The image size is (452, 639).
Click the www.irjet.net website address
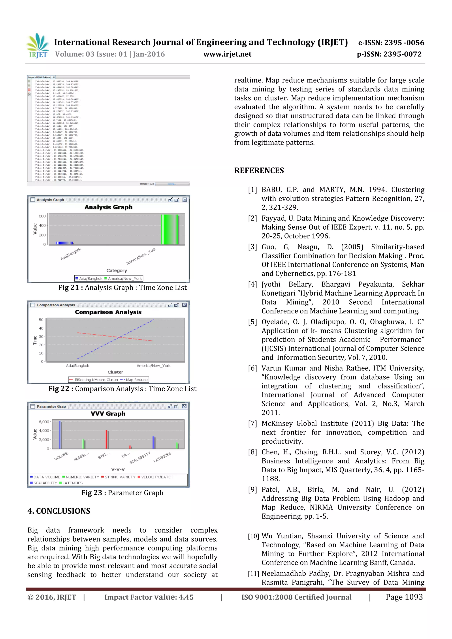click(227, 54)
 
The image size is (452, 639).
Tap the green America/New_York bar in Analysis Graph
click(169, 230)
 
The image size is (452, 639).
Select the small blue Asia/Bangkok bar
click(64, 243)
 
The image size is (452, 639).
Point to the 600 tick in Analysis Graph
click(42, 216)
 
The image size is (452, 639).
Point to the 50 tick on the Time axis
click(41, 319)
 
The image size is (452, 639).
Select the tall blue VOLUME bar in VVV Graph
click(60, 435)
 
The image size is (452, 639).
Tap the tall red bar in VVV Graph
click(106, 439)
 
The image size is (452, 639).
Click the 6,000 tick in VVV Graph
click(44, 422)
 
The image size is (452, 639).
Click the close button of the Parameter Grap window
click(184, 406)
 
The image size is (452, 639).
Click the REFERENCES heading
click(259, 170)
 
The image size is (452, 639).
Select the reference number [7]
click(252, 423)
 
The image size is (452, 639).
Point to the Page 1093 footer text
click(404, 597)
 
